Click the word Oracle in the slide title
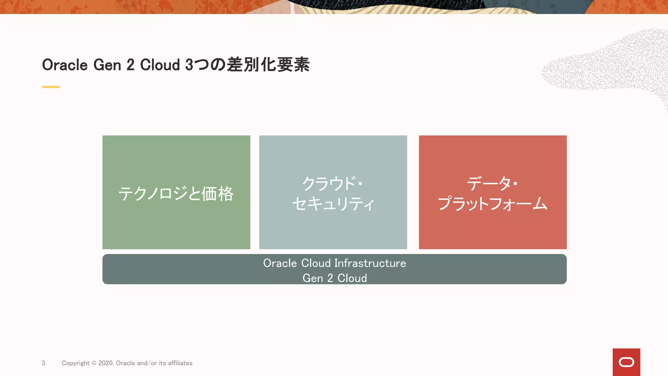pos(65,65)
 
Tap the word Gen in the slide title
pos(107,65)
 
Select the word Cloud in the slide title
pos(160,65)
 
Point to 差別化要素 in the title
pos(268,65)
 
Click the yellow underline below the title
pos(51,87)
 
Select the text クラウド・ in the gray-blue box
pos(332,183)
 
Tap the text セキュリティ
pos(333,204)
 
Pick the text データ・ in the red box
pos(492,183)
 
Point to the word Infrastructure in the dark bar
pos(370,263)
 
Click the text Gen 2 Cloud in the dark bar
pos(335,278)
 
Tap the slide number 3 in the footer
pos(43,363)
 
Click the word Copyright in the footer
pos(76,363)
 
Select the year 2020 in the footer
pos(106,363)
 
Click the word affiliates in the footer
pos(180,363)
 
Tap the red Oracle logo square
pos(626,362)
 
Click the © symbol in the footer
pos(94,363)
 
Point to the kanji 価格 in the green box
pos(217,194)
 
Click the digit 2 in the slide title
pos(130,65)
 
